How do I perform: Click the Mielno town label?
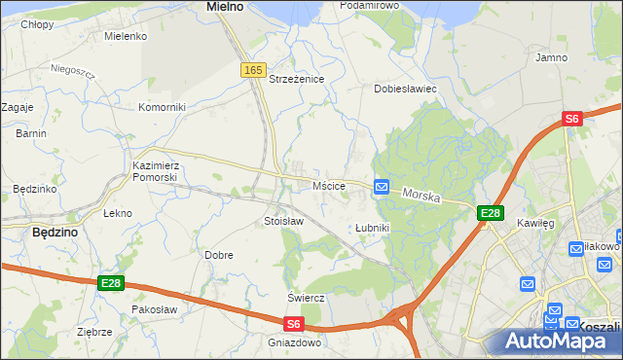point(225,7)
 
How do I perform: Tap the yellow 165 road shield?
point(253,70)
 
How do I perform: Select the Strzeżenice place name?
point(296,79)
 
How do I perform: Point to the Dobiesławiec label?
point(405,89)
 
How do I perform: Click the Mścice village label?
point(328,185)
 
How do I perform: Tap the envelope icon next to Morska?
point(382,187)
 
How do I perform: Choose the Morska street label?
point(421,196)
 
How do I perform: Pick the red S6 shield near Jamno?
point(571,119)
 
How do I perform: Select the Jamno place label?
point(551,57)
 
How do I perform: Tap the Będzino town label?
point(55,233)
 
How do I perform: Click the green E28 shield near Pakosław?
point(111,283)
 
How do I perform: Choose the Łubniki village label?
point(372,228)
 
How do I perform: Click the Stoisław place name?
point(284,221)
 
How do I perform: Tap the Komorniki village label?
point(161,107)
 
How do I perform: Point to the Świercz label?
point(305,297)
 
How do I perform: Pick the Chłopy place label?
point(37,23)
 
